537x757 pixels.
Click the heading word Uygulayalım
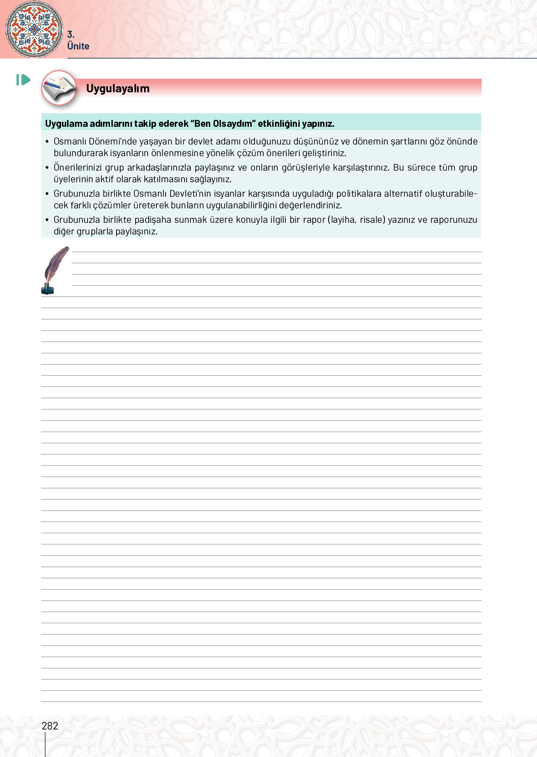tap(117, 89)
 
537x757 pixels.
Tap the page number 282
tap(50, 726)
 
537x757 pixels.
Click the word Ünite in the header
tap(78, 46)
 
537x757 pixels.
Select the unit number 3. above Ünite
tap(71, 34)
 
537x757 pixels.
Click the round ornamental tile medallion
tap(34, 29)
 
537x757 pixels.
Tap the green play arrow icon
tap(23, 80)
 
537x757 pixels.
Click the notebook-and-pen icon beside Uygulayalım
tap(59, 88)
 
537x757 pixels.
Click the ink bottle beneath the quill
tap(48, 289)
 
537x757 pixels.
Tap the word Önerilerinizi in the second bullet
tap(78, 167)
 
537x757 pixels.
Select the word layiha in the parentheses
tap(343, 220)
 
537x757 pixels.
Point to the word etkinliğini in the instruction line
tap(279, 124)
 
